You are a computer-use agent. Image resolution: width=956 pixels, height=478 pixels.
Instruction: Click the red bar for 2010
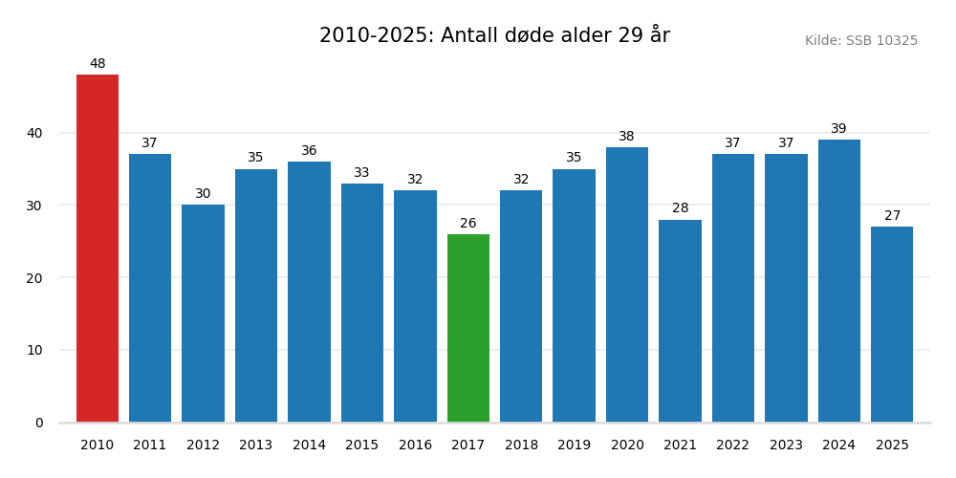click(x=98, y=249)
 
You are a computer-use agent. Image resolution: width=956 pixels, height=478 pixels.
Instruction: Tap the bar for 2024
click(x=838, y=281)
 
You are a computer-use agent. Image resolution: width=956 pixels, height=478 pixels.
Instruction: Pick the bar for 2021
click(x=680, y=321)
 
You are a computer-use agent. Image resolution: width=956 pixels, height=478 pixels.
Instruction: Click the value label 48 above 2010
click(x=98, y=64)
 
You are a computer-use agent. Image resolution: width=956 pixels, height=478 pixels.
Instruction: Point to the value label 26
click(x=468, y=224)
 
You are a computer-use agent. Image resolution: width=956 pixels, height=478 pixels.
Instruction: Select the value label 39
click(x=838, y=129)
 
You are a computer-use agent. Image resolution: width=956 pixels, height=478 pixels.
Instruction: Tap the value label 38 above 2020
click(x=626, y=137)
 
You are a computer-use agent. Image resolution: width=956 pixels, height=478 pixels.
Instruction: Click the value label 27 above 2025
click(x=892, y=216)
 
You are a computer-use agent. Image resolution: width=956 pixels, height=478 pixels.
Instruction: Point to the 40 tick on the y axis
click(x=34, y=133)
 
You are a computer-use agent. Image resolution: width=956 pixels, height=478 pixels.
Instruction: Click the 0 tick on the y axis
click(x=39, y=423)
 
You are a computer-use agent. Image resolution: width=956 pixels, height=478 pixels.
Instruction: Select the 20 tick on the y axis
click(x=34, y=278)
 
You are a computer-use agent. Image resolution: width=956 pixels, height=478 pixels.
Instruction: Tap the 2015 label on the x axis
click(x=361, y=445)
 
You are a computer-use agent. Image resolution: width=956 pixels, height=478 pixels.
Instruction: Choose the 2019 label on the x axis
click(x=574, y=445)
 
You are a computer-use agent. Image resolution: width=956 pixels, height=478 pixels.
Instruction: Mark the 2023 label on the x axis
click(x=786, y=445)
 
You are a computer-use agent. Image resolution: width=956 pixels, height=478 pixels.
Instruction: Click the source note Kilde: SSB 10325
click(x=860, y=41)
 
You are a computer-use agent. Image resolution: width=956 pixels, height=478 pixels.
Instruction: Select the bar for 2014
click(x=309, y=292)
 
